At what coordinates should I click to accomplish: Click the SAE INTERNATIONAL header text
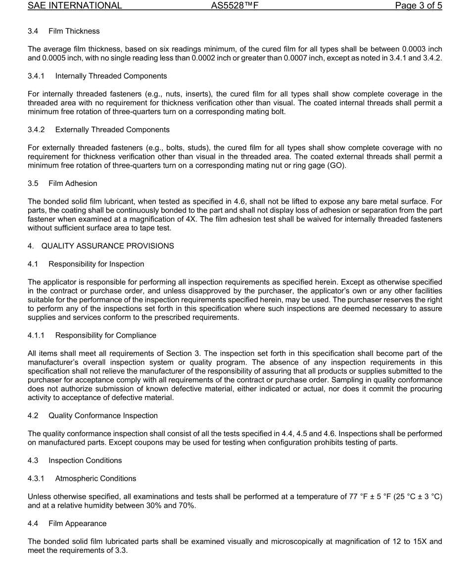pyautogui.click(x=75, y=6)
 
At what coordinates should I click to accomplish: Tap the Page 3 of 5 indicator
pyautogui.click(x=418, y=6)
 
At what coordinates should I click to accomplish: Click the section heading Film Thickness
pyautogui.click(x=74, y=31)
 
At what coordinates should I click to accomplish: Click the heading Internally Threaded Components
pyautogui.click(x=111, y=76)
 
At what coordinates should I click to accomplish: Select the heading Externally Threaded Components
pyautogui.click(x=112, y=130)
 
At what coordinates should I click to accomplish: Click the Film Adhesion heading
pyautogui.click(x=73, y=183)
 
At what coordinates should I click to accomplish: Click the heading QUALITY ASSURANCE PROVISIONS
pyautogui.click(x=107, y=246)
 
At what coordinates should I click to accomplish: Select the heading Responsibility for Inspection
pyautogui.click(x=96, y=264)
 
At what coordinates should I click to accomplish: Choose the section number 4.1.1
pyautogui.click(x=36, y=335)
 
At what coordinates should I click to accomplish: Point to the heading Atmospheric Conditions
pyautogui.click(x=95, y=478)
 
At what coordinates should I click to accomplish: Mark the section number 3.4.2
pyautogui.click(x=36, y=130)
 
